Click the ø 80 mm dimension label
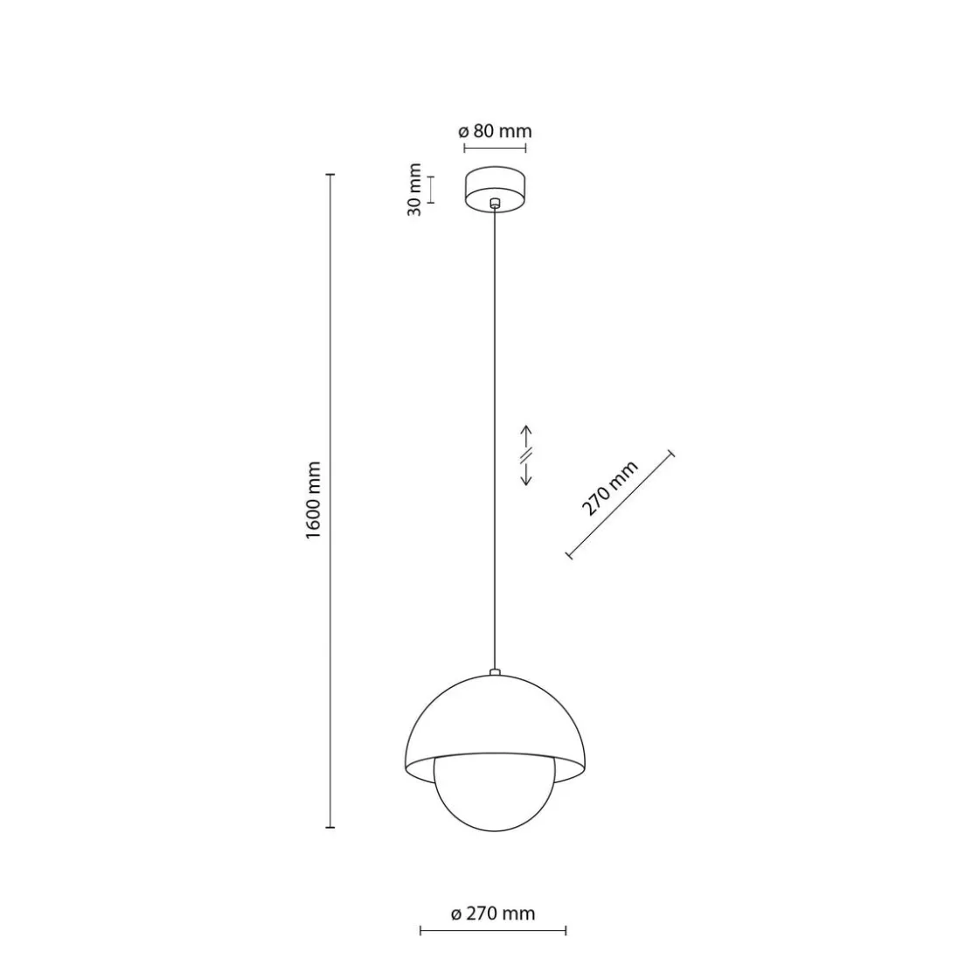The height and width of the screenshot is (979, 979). click(x=495, y=132)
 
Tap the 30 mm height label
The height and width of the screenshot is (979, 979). click(x=414, y=189)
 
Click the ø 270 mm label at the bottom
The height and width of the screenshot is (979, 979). click(x=493, y=914)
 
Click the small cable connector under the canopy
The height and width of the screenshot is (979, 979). click(x=495, y=203)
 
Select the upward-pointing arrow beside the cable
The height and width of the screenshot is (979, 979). click(x=527, y=435)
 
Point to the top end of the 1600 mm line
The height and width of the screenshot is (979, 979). click(x=330, y=176)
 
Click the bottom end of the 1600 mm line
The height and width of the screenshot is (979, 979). click(x=330, y=826)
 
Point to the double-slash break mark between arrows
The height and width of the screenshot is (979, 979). click(x=527, y=455)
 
